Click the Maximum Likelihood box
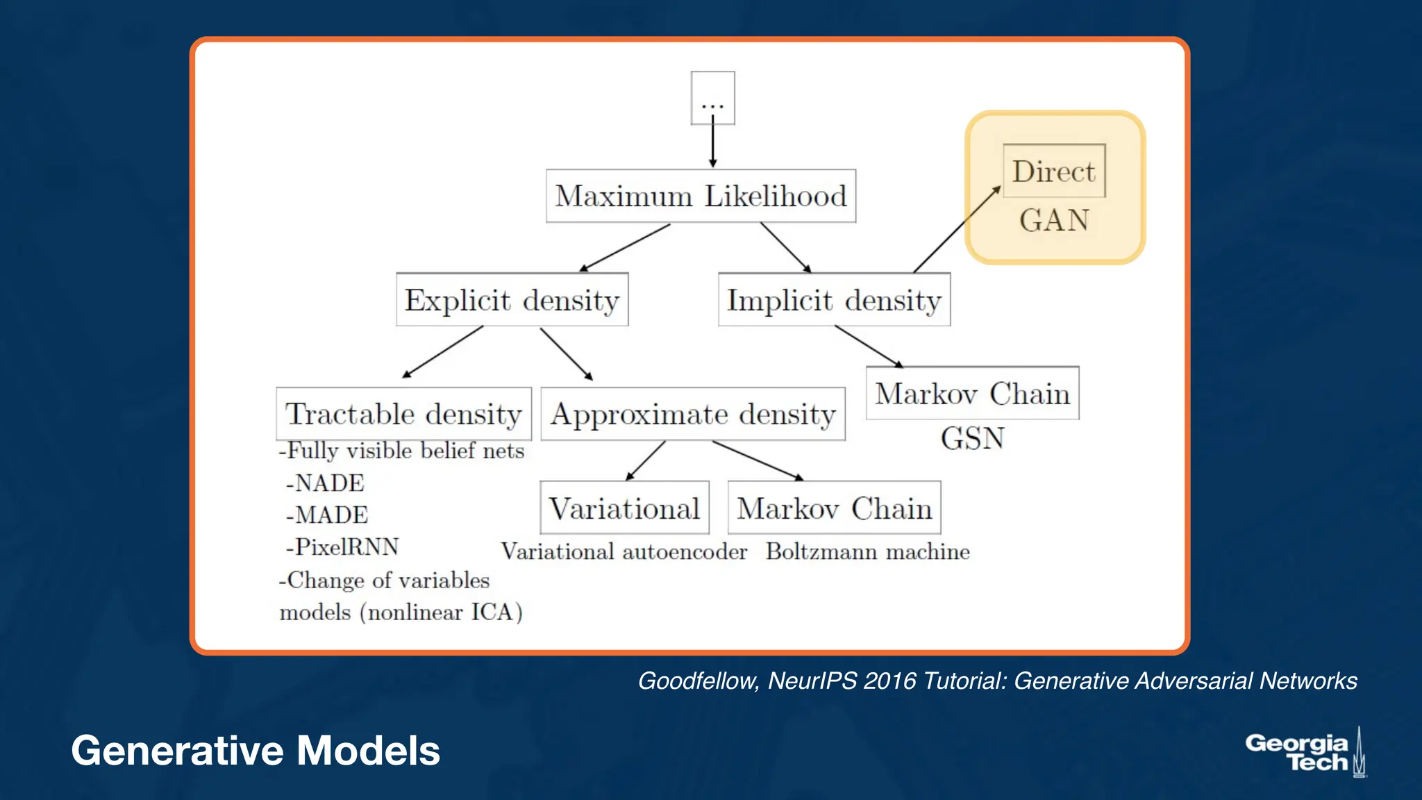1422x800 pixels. coord(701,197)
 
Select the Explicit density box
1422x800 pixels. coord(512,300)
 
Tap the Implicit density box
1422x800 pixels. coord(834,300)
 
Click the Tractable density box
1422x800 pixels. coord(403,414)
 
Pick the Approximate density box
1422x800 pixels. coord(693,414)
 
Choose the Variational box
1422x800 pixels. coord(624,508)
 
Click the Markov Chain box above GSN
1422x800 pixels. coord(972,394)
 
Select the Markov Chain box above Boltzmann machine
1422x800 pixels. coord(834,508)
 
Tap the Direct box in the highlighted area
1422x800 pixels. coord(1053,172)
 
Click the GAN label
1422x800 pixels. coord(1053,220)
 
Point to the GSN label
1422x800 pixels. coord(972,439)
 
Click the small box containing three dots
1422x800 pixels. coord(712,98)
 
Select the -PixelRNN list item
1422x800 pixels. coord(342,547)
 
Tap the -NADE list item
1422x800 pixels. coord(325,483)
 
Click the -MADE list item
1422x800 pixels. coord(327,515)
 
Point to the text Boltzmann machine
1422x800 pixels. coord(867,552)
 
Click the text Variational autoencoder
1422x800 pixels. coord(624,552)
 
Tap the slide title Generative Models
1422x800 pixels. coord(256,751)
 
